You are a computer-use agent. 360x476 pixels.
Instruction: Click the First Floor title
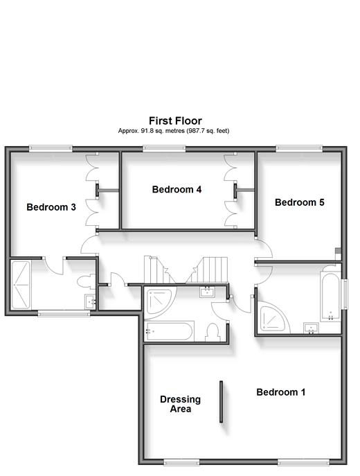point(175,121)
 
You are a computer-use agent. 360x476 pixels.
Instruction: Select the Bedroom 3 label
point(51,207)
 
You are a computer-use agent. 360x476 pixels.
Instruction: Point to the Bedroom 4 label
point(177,189)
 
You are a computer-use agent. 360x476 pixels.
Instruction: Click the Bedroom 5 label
point(300,202)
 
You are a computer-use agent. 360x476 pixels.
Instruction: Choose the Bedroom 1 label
point(281,392)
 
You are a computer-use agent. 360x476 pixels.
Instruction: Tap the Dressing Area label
point(181,404)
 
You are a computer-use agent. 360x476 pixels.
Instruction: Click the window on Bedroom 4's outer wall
point(164,148)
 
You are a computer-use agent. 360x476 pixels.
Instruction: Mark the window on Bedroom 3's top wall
point(51,148)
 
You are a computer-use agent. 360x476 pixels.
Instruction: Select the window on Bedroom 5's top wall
point(299,148)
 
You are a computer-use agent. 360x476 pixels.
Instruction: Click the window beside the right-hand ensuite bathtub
point(345,294)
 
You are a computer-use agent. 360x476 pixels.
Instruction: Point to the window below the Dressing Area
point(181,463)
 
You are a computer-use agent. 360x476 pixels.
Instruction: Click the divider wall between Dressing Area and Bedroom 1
point(221,402)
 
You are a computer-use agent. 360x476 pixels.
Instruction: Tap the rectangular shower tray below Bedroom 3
point(21,285)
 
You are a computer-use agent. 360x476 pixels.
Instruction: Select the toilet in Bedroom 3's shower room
point(87,281)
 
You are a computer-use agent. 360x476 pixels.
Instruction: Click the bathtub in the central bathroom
point(169,331)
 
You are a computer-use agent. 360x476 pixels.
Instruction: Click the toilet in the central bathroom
point(213,333)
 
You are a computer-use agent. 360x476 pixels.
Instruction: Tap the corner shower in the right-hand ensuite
point(272,318)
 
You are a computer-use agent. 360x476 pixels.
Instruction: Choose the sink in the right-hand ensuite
point(311,328)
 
